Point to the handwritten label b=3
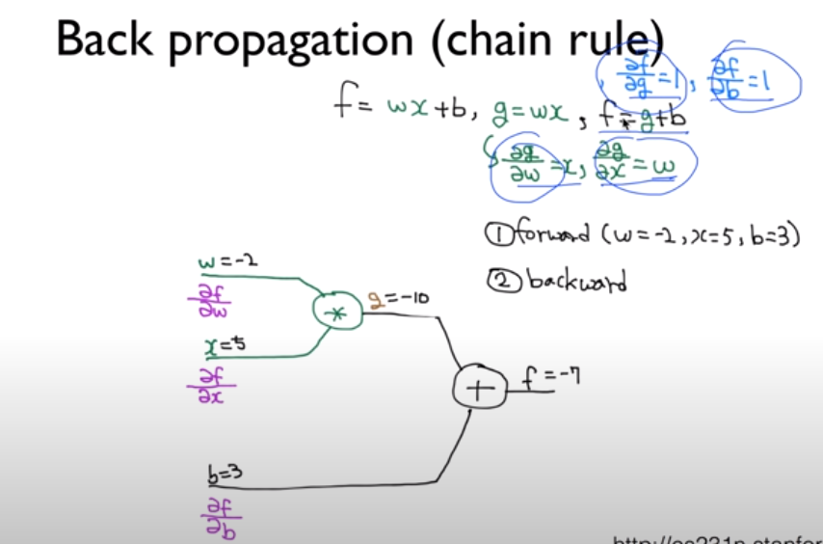(x=226, y=474)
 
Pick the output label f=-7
(x=551, y=376)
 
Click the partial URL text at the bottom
(x=718, y=537)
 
